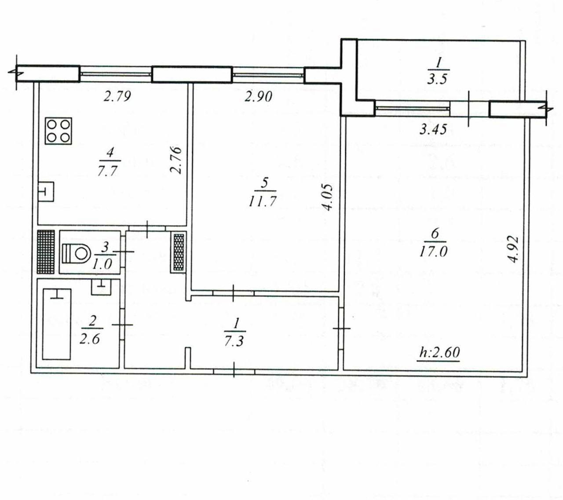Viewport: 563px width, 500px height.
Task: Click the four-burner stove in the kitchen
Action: point(58,131)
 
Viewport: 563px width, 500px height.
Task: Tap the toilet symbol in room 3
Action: point(77,253)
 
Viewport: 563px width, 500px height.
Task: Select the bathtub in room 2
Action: point(57,324)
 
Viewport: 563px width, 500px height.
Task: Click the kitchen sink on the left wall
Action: point(46,191)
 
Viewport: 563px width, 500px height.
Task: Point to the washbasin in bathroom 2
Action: point(102,287)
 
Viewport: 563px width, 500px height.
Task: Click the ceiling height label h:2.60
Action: point(439,353)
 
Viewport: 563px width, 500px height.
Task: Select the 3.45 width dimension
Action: point(433,130)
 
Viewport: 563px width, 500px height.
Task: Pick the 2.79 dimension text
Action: point(117,96)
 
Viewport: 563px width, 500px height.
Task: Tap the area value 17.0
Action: point(433,252)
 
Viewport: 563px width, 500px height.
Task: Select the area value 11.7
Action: point(262,201)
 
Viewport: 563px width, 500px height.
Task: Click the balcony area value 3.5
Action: point(437,79)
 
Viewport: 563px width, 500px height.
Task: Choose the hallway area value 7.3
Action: point(234,340)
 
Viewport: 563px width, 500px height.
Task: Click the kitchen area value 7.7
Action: point(108,171)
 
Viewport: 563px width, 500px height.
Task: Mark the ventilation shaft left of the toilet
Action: point(46,252)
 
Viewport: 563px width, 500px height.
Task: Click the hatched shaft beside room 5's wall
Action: point(179,252)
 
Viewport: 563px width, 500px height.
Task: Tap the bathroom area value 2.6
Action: point(89,339)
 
